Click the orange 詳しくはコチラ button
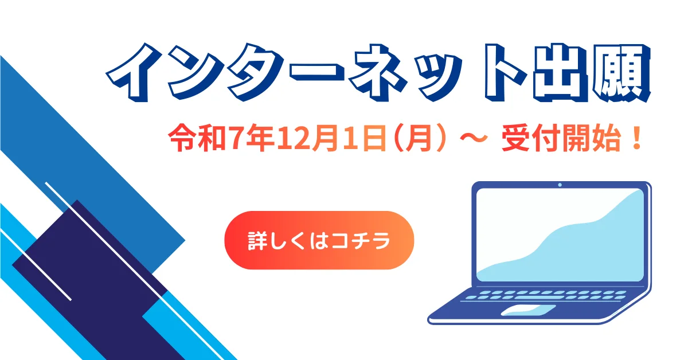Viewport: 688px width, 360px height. pyautogui.click(x=319, y=240)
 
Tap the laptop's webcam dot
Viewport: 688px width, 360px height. pyautogui.click(x=560, y=185)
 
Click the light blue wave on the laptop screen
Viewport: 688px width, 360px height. pyautogui.click(x=573, y=246)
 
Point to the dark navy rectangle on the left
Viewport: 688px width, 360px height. pyautogui.click(x=86, y=275)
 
